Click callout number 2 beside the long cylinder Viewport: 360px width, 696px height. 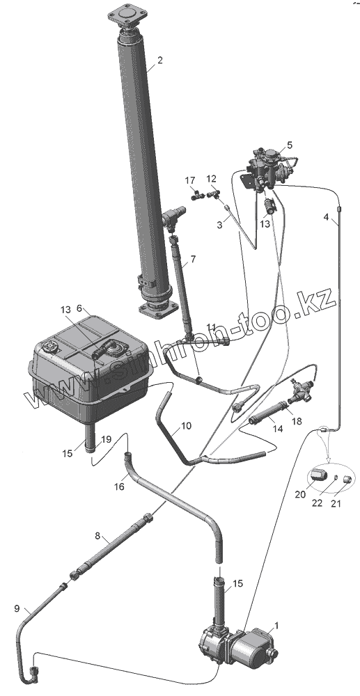point(159,61)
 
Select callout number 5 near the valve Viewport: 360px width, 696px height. point(290,145)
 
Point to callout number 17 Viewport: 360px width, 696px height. point(190,181)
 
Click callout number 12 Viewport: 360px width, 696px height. point(211,179)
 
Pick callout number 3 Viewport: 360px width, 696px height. point(219,225)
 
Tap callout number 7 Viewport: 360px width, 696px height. point(193,258)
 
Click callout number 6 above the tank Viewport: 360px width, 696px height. point(79,308)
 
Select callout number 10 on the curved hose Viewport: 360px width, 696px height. point(187,426)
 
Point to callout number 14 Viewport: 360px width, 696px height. point(277,429)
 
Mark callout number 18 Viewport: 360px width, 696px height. point(297,421)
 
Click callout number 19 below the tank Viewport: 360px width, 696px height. point(106,440)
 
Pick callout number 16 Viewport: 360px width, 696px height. point(119,487)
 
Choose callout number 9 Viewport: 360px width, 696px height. point(17,609)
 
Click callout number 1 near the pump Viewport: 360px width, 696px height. point(276,626)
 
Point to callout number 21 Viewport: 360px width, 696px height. point(336,504)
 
